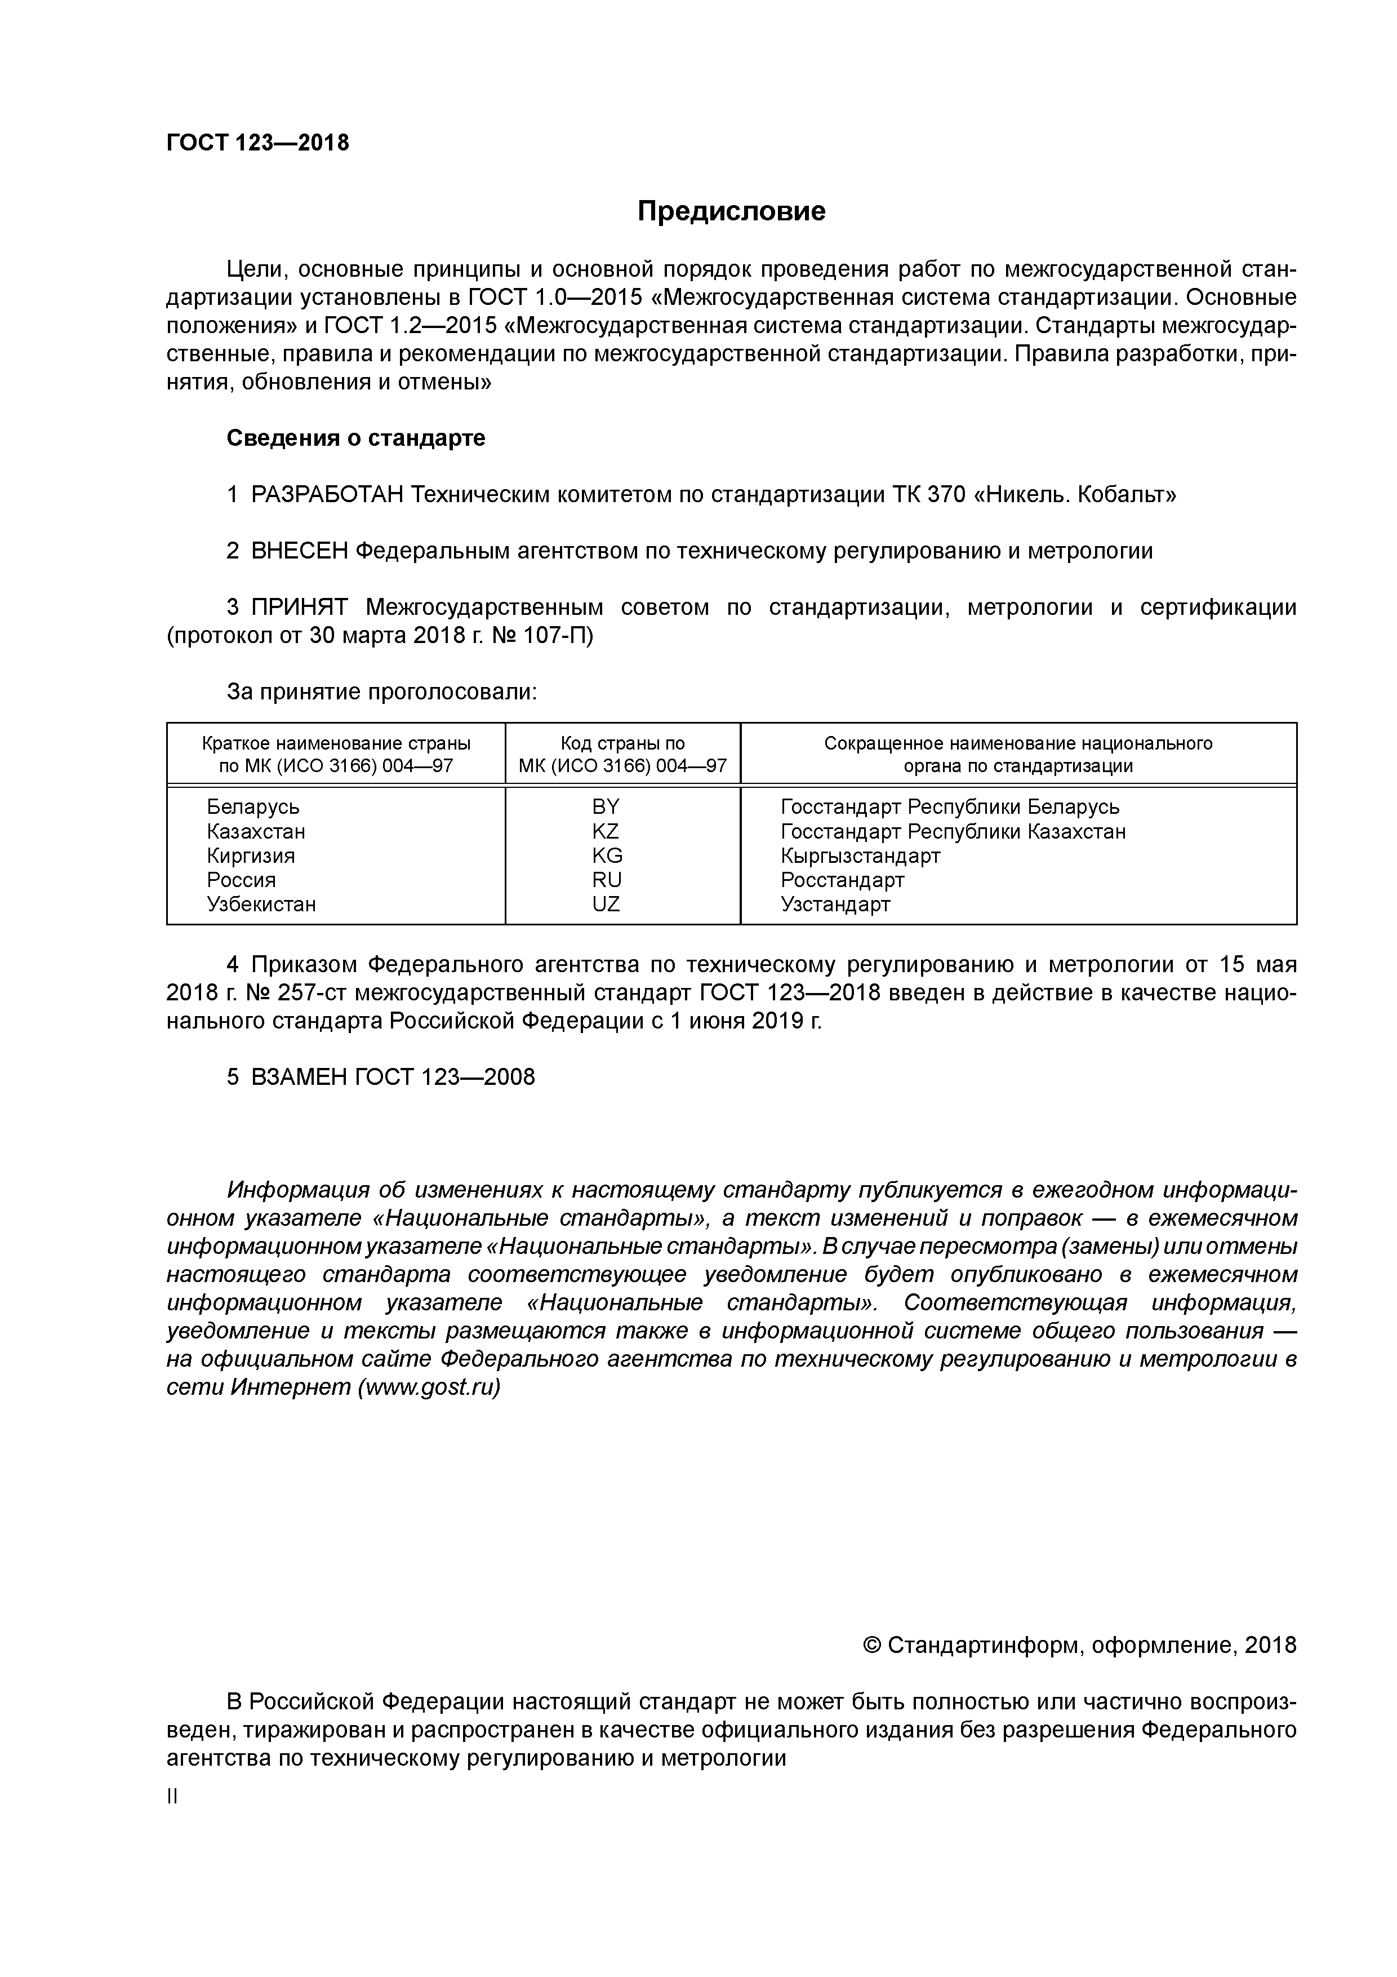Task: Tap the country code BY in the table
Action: [x=606, y=807]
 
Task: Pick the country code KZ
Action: [x=606, y=831]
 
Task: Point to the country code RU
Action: [x=607, y=879]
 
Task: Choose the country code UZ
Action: [x=606, y=904]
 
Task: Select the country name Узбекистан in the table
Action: [x=261, y=904]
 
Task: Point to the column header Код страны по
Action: [x=622, y=743]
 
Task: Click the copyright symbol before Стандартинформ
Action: [x=872, y=1646]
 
